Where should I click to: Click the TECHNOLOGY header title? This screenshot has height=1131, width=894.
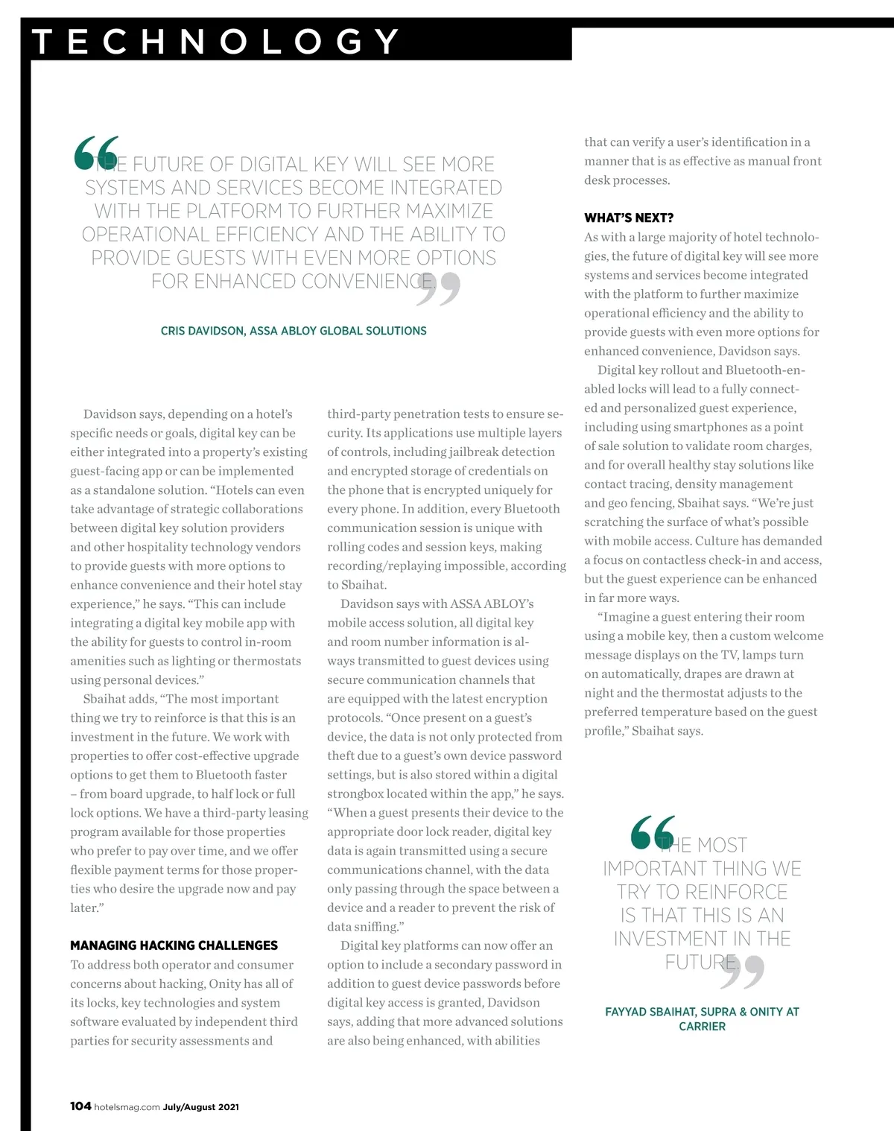pos(216,42)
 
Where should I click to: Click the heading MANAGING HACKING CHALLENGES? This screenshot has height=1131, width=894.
pos(174,945)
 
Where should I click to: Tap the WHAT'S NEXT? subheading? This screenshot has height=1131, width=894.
pos(629,218)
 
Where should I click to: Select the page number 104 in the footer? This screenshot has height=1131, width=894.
pos(80,1106)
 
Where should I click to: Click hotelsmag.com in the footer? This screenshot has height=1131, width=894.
pos(127,1107)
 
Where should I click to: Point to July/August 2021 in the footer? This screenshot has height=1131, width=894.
pos(201,1107)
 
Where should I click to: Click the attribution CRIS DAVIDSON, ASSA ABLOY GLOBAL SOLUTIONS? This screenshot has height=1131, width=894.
pos(294,331)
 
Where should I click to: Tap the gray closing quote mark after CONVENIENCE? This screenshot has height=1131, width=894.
pos(439,289)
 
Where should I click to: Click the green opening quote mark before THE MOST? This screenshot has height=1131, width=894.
pos(653,833)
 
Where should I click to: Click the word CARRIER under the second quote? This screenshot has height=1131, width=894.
pos(702,1027)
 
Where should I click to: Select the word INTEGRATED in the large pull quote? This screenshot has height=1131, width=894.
pos(446,188)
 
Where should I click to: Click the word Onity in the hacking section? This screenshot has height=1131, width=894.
pos(224,983)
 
